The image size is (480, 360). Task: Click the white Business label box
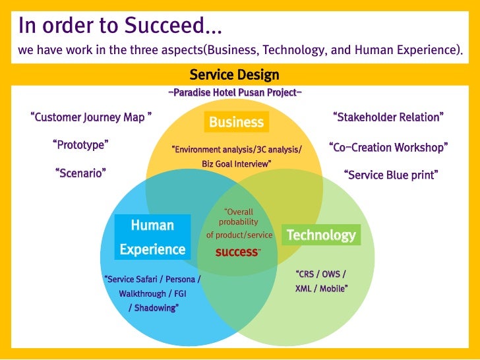click(236, 122)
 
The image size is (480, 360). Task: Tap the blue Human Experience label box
click(152, 237)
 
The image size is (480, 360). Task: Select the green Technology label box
click(321, 235)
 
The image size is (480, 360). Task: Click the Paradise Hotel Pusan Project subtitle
click(235, 92)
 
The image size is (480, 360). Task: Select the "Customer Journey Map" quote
click(92, 118)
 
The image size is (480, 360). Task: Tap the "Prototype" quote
click(80, 144)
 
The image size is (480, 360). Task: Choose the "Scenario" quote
click(80, 173)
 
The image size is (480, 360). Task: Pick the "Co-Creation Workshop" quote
click(388, 147)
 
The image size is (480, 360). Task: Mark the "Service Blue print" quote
click(391, 175)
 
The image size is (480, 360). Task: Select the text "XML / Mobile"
click(321, 289)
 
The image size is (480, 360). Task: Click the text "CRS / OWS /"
click(320, 274)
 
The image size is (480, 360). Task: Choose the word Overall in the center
click(239, 212)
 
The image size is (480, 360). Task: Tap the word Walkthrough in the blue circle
click(141, 293)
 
